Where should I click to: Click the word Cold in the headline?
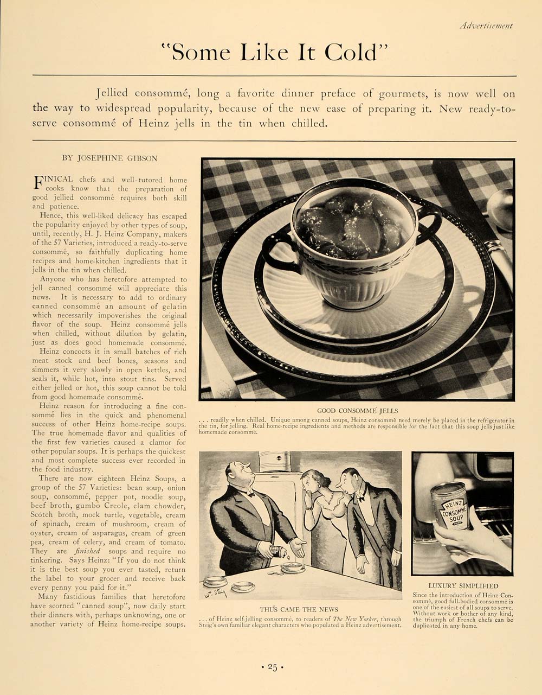pos(350,53)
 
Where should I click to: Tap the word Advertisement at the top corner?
pos(485,25)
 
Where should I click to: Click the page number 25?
pos(272,667)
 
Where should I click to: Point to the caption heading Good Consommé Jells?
pos(357,411)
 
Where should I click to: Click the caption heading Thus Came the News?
pos(299,609)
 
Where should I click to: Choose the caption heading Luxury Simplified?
pos(463,586)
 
